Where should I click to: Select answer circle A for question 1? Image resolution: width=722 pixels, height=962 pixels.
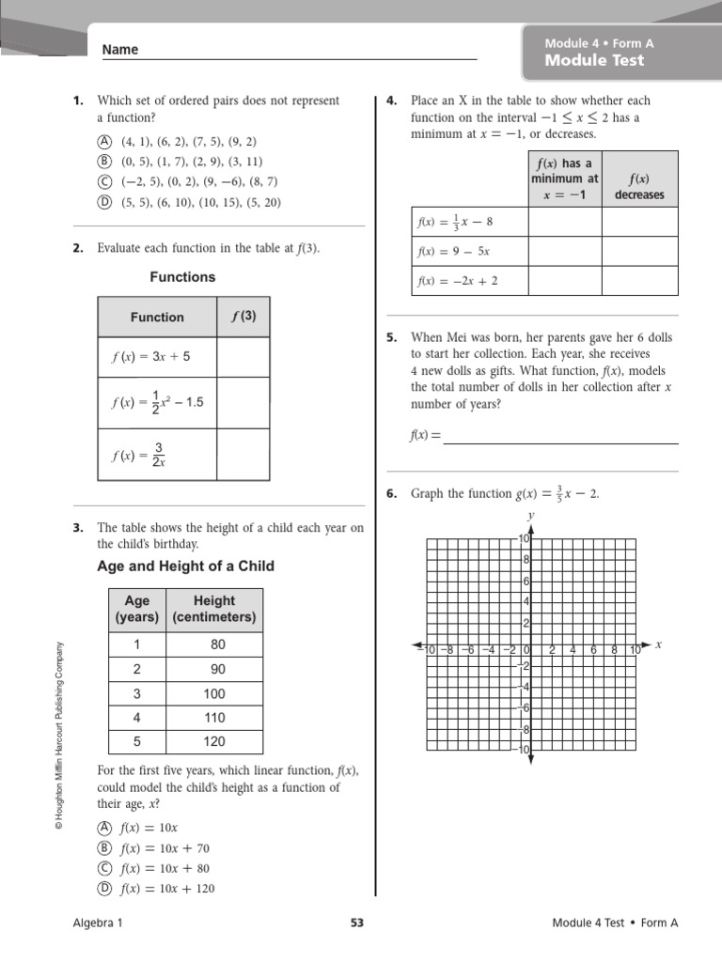click(103, 141)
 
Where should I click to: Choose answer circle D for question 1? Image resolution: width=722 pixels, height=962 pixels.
click(103, 202)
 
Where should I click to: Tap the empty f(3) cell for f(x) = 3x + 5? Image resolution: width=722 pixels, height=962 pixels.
click(243, 357)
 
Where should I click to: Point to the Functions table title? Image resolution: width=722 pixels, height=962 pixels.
click(182, 277)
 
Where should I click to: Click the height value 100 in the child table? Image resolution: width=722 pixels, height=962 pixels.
click(214, 693)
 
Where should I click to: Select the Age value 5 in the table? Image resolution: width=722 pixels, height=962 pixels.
click(136, 742)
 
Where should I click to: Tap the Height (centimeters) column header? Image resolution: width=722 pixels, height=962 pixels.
click(214, 609)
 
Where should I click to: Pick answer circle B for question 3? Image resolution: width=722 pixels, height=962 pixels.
click(103, 847)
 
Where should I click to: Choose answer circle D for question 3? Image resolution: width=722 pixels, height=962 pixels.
click(103, 889)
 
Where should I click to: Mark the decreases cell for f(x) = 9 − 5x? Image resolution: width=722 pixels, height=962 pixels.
click(639, 252)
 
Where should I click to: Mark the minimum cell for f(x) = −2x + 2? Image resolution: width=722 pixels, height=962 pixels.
click(565, 281)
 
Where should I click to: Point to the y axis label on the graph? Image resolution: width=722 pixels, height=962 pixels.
click(531, 516)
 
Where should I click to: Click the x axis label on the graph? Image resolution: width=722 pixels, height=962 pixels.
click(658, 644)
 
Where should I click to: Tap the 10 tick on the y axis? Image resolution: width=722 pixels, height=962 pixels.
click(525, 538)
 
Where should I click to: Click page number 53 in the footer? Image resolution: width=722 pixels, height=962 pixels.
click(356, 923)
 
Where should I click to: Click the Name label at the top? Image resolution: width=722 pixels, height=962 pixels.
click(119, 50)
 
